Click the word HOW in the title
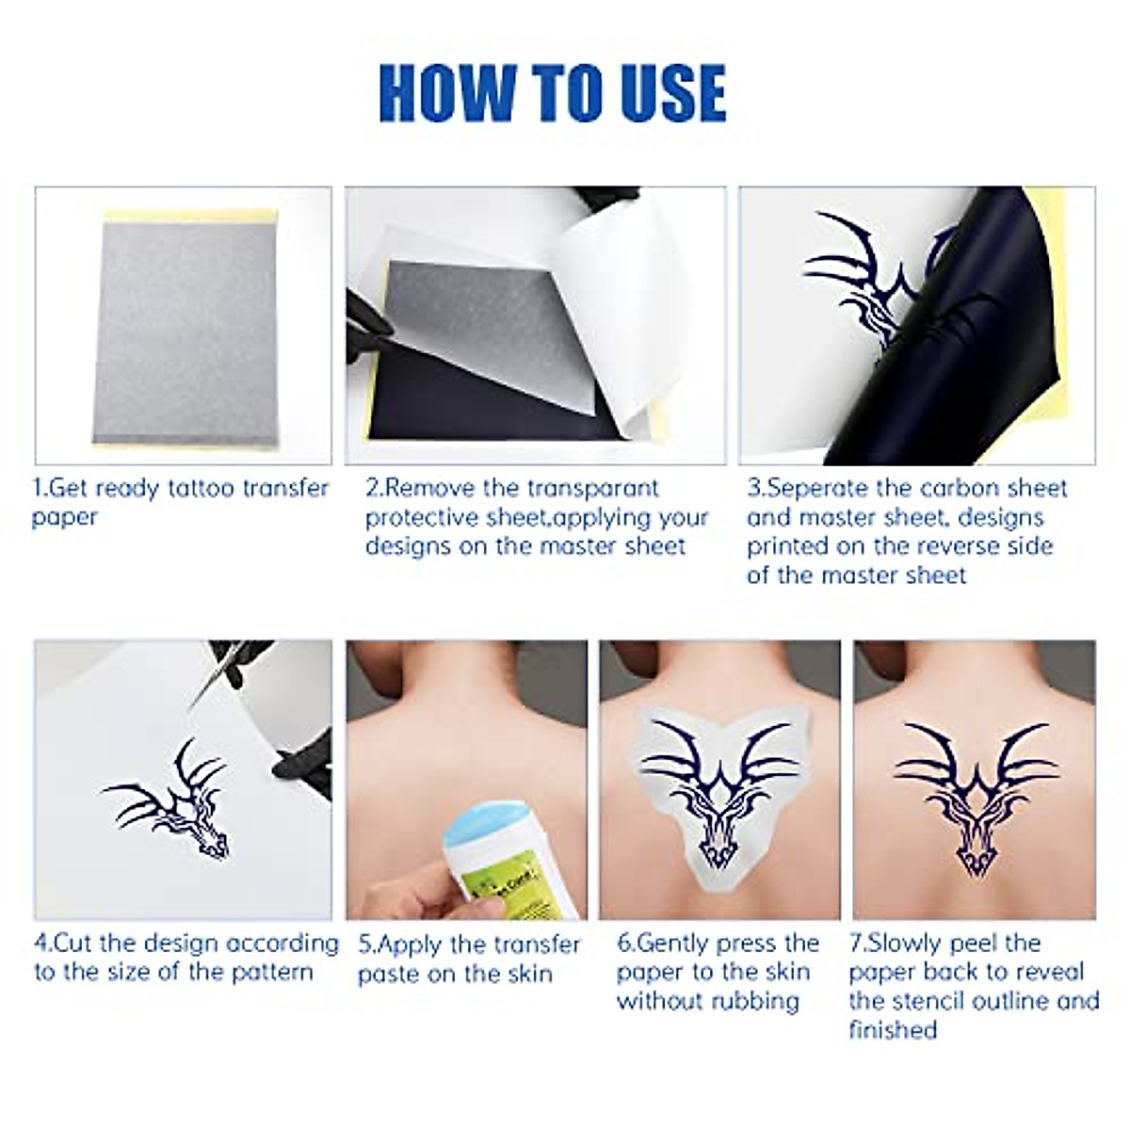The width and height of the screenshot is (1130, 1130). (446, 93)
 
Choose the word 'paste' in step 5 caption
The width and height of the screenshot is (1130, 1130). (388, 974)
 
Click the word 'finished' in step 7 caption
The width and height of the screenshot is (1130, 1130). (893, 1030)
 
